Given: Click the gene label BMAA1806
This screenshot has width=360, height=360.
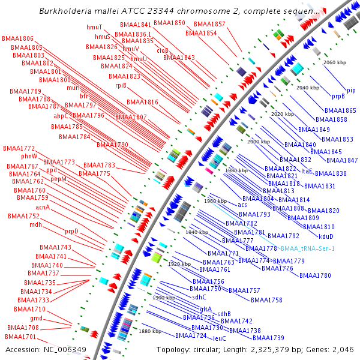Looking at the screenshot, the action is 17,38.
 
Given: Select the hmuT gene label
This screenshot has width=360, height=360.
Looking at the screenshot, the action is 94,28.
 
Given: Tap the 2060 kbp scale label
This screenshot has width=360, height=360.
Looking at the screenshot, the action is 335,62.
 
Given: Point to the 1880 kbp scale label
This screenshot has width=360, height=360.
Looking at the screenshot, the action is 149,331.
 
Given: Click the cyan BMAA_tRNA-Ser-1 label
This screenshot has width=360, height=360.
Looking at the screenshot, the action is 307,248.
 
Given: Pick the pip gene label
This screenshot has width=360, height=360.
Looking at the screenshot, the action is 350,90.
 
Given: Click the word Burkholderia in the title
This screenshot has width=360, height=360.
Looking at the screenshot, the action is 64,11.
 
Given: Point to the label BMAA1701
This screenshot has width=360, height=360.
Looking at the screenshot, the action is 22,337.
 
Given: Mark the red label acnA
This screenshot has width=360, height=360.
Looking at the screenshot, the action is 43,207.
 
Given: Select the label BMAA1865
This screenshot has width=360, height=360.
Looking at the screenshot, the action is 340,111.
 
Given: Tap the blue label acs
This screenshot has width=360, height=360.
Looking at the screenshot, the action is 242,205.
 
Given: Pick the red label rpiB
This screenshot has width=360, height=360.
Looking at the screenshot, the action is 121,85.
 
